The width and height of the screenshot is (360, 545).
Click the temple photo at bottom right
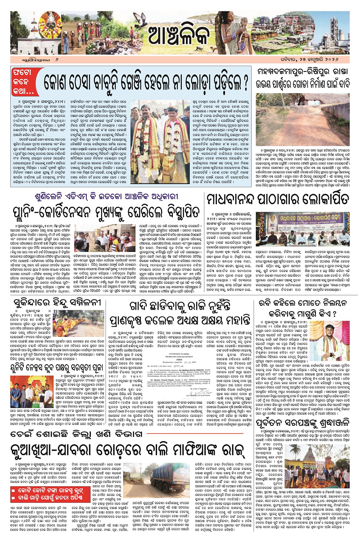(x=329, y=477)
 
